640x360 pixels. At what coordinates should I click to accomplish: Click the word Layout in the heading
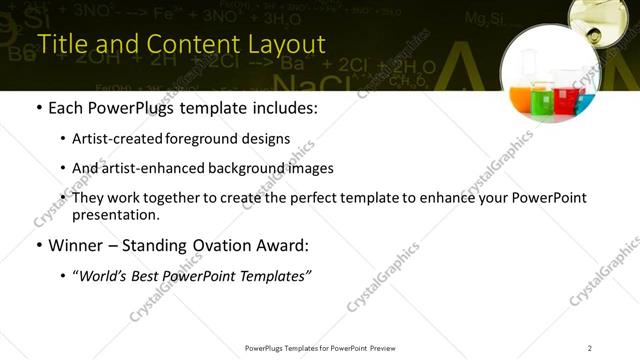tap(285, 45)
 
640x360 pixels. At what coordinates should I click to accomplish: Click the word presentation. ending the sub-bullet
tap(116, 215)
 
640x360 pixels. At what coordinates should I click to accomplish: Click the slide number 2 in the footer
tap(590, 348)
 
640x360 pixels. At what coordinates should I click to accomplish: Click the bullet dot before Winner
tap(38, 245)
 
